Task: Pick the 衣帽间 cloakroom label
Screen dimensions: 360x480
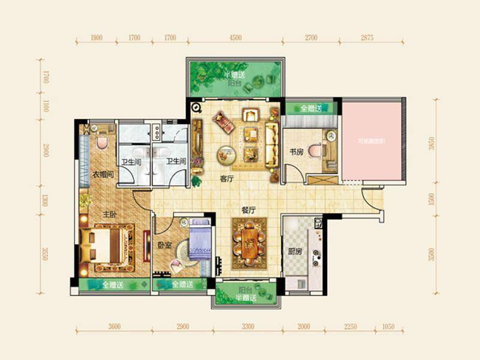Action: [x=103, y=175]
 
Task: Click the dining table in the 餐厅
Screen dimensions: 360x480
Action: [x=248, y=243]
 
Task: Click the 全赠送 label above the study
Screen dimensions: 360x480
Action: [x=311, y=109]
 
